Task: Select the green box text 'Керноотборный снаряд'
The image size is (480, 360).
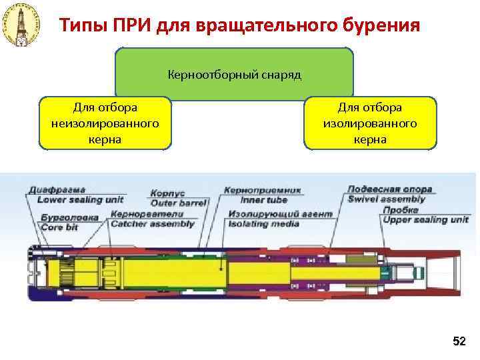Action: coord(235,75)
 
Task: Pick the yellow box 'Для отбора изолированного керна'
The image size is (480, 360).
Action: coord(370,123)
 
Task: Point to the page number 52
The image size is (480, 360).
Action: coord(459,341)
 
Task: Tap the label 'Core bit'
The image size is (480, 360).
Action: coord(61,227)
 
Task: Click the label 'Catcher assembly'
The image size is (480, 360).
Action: coord(153,224)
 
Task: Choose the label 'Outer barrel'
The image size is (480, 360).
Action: coord(178,202)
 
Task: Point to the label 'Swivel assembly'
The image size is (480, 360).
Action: coord(386,199)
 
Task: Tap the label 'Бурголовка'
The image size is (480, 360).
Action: coord(69,217)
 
